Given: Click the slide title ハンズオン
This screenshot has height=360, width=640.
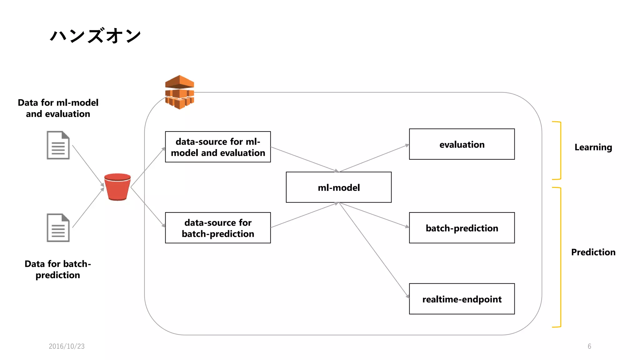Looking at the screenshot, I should (95, 36).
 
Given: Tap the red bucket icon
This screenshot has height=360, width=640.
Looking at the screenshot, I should (117, 187).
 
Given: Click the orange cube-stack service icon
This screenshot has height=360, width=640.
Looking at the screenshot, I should (179, 92).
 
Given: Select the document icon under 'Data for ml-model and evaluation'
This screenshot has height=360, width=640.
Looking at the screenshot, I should (58, 145).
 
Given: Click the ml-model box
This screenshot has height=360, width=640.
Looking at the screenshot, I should (338, 187).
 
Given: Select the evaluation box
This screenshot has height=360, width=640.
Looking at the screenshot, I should (462, 144).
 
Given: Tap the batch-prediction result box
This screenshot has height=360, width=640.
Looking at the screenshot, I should (462, 228).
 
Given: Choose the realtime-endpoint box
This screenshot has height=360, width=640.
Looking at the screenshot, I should (462, 299).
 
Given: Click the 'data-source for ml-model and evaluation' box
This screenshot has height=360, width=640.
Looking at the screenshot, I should (218, 147).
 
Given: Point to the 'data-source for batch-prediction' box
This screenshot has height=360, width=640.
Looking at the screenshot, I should (218, 228).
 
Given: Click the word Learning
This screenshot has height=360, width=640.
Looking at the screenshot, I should (593, 147).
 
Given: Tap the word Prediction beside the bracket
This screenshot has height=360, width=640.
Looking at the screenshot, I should (593, 252).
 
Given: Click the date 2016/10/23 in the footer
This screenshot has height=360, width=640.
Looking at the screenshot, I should (67, 346).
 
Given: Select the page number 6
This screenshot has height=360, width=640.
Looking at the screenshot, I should (589, 346).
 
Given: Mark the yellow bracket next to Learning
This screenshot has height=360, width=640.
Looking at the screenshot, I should (560, 150).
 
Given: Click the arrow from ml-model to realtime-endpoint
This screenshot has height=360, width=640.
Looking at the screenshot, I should (374, 250).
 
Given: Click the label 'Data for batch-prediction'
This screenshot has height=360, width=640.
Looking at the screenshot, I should (58, 269).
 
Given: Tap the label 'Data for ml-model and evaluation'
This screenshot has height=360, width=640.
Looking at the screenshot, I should (58, 108).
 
